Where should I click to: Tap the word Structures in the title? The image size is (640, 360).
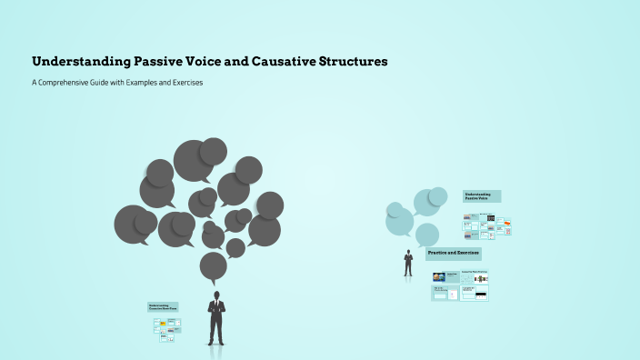pyautogui.click(x=350, y=62)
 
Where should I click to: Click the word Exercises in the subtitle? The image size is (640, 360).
pyautogui.click(x=184, y=83)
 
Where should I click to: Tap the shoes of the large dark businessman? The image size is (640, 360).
pyautogui.click(x=215, y=343)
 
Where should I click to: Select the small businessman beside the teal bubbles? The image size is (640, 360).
pyautogui.click(x=408, y=263)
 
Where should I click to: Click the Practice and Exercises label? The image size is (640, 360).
pyautogui.click(x=454, y=253)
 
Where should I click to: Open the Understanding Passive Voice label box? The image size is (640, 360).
pyautogui.click(x=482, y=196)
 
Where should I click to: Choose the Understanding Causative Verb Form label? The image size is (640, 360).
pyautogui.click(x=164, y=307)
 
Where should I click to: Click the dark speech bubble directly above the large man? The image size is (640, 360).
pyautogui.click(x=214, y=266)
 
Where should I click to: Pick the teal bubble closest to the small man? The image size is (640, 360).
pyautogui.click(x=426, y=235)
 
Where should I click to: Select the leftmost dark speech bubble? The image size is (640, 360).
pyautogui.click(x=134, y=225)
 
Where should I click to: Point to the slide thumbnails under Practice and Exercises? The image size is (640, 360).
pyautogui.click(x=460, y=285)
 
